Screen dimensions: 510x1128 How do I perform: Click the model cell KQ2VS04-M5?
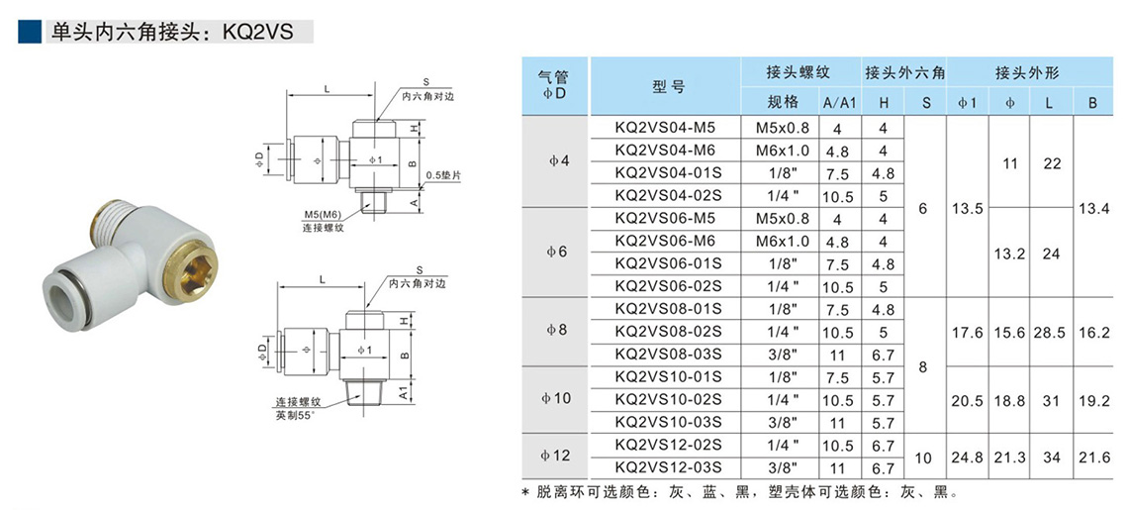click(664, 128)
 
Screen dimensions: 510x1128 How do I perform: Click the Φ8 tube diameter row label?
click(556, 331)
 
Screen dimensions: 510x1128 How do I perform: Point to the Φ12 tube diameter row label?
click(556, 456)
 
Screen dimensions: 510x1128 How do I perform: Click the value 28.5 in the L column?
click(1051, 333)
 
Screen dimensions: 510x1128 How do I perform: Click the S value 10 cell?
click(925, 457)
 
